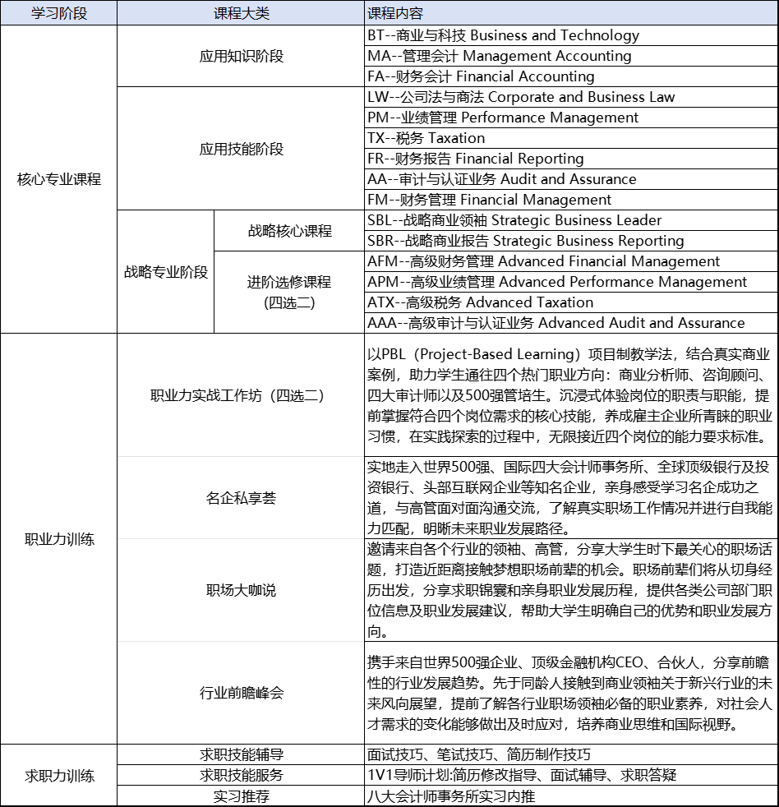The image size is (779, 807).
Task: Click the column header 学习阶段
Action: point(58,14)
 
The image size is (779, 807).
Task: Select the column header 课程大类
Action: point(241,14)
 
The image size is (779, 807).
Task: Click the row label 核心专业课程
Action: point(58,179)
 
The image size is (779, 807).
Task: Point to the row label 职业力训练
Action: point(58,539)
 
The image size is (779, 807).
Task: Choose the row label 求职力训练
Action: point(58,776)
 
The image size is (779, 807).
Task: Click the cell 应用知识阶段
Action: point(241,56)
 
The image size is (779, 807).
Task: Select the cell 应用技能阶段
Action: point(241,149)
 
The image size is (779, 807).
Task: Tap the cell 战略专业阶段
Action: point(165,272)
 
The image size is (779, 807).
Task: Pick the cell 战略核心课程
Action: point(289,231)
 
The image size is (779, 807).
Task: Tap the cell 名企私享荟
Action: point(241,498)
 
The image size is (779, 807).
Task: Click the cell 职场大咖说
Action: point(241,590)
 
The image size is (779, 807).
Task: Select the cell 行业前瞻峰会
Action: point(241,693)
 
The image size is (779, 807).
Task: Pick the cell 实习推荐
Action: point(241,796)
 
